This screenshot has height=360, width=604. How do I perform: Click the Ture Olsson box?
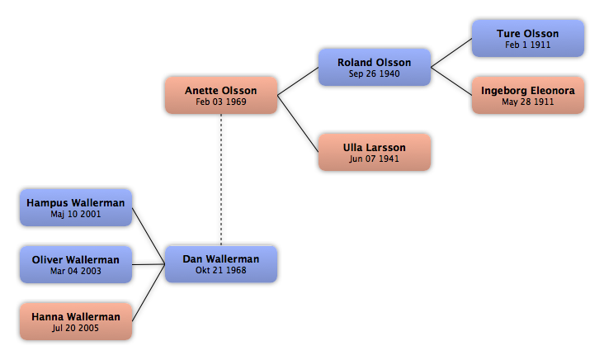click(x=528, y=39)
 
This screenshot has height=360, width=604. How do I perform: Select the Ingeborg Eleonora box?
click(x=528, y=95)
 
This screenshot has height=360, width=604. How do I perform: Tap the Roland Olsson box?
click(x=375, y=67)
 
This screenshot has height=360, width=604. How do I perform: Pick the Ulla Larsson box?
click(x=375, y=152)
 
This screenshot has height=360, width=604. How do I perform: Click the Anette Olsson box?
click(x=221, y=95)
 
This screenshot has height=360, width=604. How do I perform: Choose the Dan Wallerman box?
click(x=221, y=264)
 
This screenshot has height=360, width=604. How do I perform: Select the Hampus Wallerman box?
click(x=76, y=208)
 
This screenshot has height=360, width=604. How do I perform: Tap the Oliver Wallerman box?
click(x=76, y=265)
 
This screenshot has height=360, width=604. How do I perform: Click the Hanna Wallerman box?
click(x=76, y=321)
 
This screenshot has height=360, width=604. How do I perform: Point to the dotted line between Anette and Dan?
click(x=221, y=180)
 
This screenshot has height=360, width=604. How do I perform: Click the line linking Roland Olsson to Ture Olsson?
click(x=451, y=53)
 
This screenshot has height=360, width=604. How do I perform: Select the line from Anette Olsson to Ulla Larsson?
click(x=298, y=124)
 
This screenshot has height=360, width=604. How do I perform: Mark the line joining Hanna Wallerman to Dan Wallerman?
click(x=149, y=293)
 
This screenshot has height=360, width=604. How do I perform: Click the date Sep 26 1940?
click(x=375, y=73)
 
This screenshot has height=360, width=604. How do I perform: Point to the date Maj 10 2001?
click(x=76, y=215)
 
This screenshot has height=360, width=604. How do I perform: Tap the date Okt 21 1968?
click(x=221, y=270)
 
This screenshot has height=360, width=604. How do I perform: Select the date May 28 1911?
click(x=528, y=102)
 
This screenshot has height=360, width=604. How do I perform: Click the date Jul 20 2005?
click(x=76, y=328)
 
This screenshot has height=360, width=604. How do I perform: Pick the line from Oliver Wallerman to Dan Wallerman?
click(x=149, y=264)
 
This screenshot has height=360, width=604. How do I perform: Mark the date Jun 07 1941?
click(x=375, y=159)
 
